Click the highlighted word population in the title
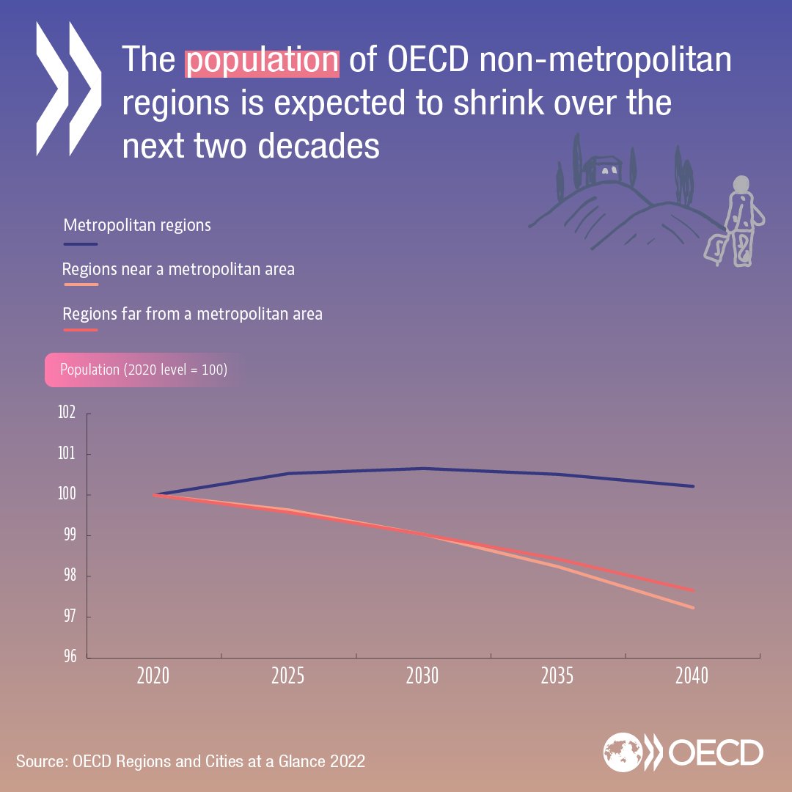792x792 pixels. click(x=262, y=61)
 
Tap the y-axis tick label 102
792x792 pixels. click(x=67, y=413)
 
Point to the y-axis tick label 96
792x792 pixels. click(x=67, y=656)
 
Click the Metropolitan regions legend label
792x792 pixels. click(x=137, y=224)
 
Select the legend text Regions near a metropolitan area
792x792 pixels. click(x=178, y=269)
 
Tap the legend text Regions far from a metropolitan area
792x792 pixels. click(x=192, y=314)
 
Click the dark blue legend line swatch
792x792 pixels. click(x=80, y=244)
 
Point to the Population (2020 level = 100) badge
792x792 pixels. click(x=144, y=370)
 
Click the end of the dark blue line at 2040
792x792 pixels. click(x=693, y=486)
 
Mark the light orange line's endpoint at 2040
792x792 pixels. click(x=693, y=607)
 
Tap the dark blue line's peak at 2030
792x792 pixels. click(x=423, y=468)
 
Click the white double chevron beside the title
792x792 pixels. click(x=67, y=88)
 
